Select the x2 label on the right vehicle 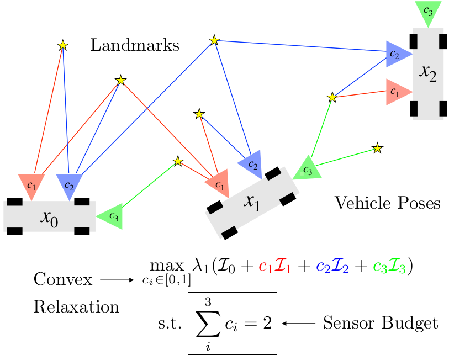click(x=427, y=73)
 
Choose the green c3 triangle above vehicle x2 click(x=427, y=12)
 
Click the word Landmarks click(x=135, y=45)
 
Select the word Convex click(x=63, y=279)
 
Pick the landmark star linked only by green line click(x=377, y=148)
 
